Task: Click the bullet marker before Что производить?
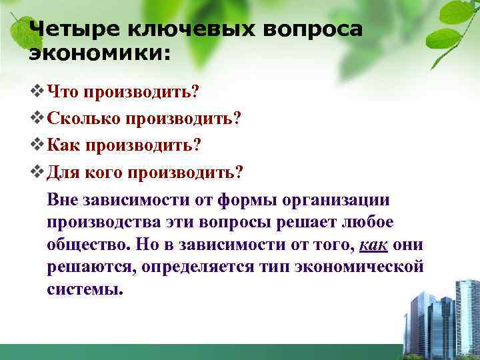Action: pos(37,90)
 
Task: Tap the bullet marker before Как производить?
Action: pos(37,145)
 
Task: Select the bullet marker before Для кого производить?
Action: pos(37,173)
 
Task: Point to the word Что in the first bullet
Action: pos(67,90)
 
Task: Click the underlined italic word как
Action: pos(373,245)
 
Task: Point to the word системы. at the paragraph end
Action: pos(86,290)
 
